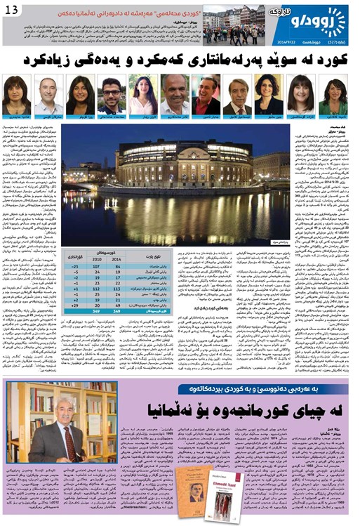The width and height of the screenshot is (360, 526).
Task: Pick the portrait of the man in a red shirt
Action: [206, 95]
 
